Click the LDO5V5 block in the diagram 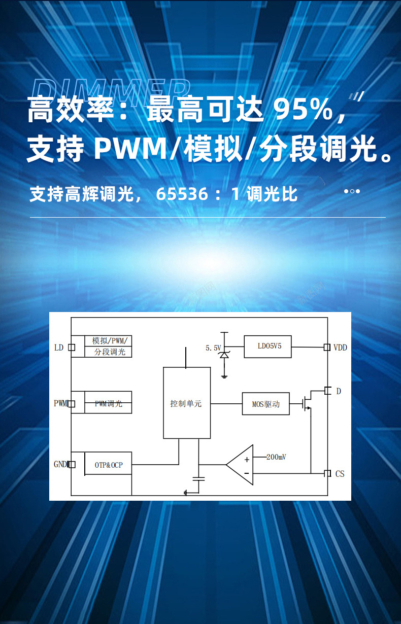[268, 346]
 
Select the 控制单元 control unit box [186, 403]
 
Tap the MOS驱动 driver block [265, 404]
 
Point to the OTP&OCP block [108, 464]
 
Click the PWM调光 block [108, 403]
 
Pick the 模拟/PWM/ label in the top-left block [109, 340]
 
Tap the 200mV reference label [276, 457]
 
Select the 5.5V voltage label [213, 348]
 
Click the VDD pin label [340, 348]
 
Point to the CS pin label [340, 473]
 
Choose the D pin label [339, 391]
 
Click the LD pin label [59, 348]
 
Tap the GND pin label [60, 464]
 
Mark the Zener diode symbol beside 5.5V [224, 354]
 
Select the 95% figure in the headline [304, 109]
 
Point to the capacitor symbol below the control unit [198, 478]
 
